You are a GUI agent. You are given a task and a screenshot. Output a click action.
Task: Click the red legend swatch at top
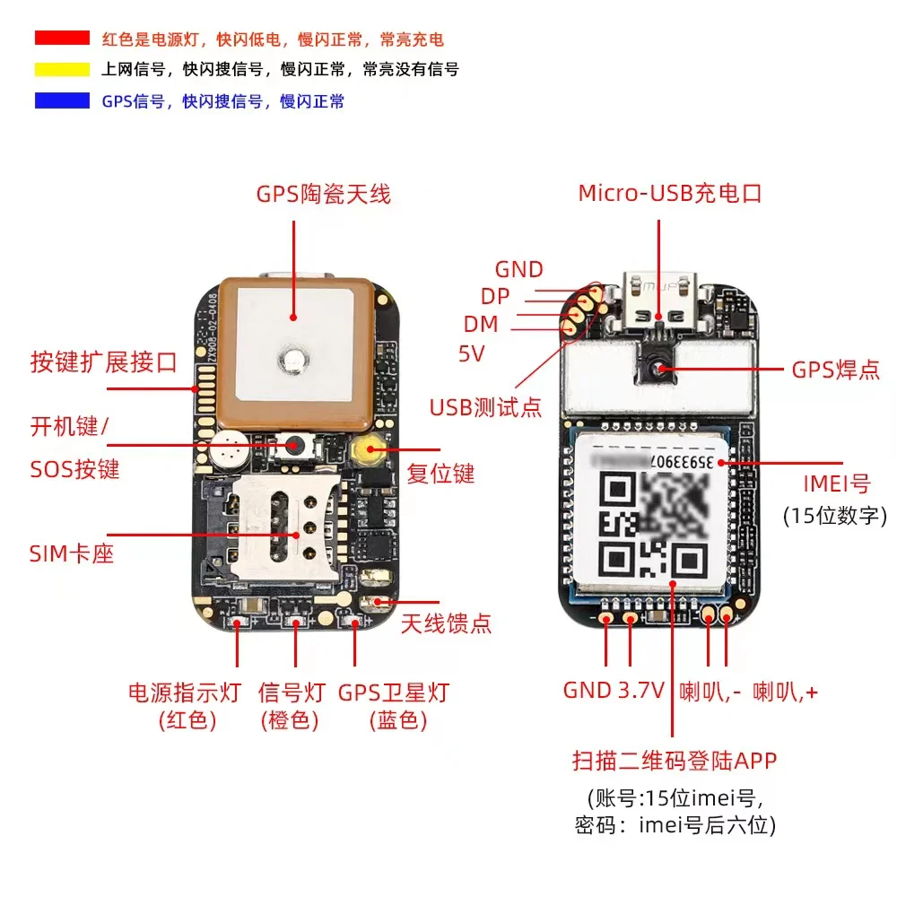tap(62, 38)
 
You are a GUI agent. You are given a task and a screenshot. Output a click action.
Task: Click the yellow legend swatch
tap(62, 69)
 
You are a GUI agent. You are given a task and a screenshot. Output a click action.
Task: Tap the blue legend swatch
tap(62, 100)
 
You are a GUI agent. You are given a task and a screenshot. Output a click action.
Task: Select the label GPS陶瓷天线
tap(323, 194)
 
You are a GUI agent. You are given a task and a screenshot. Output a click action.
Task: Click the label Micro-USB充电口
tap(669, 193)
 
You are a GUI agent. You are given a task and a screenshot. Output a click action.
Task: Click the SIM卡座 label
tap(72, 553)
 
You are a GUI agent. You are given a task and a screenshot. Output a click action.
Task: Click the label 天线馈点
tap(446, 623)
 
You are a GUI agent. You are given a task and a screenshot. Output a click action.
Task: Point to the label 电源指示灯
tap(185, 692)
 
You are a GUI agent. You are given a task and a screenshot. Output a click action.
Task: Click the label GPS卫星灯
tap(393, 692)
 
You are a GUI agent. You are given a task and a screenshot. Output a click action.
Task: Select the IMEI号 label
tap(836, 483)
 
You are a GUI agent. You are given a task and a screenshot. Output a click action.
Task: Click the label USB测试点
tap(485, 407)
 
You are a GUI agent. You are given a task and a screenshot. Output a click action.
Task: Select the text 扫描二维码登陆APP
tap(674, 761)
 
